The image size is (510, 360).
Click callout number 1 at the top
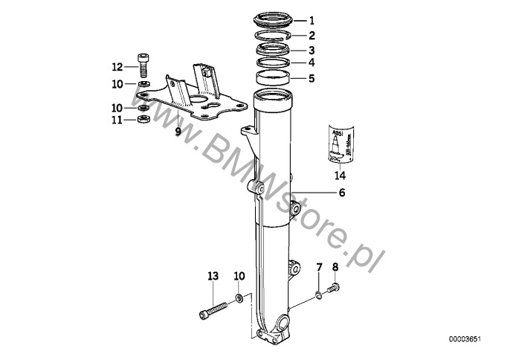pyautogui.click(x=312, y=21)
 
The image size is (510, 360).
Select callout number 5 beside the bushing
pyautogui.click(x=312, y=77)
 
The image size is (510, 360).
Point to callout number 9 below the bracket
pyautogui.click(x=178, y=132)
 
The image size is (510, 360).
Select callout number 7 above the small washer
pyautogui.click(x=320, y=266)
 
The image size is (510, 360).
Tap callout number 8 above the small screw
pyautogui.click(x=335, y=266)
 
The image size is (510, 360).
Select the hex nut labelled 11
pyautogui.click(x=143, y=118)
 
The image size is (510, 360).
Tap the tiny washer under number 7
pyautogui.click(x=319, y=295)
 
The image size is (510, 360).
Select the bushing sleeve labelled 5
pyautogui.click(x=273, y=78)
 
